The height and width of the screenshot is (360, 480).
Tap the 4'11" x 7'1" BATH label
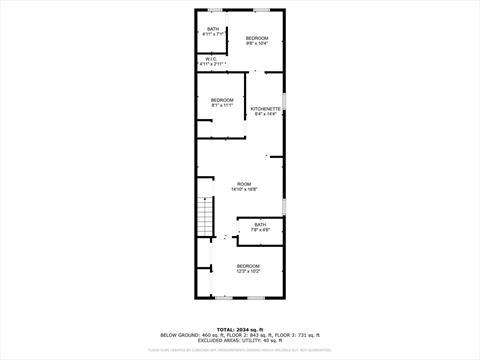click(x=213, y=32)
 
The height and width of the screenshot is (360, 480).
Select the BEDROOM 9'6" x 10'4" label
click(x=257, y=41)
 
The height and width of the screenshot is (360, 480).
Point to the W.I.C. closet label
click(x=212, y=62)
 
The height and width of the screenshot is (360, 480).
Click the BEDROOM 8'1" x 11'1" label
click(x=221, y=102)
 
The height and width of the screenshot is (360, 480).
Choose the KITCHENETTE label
click(x=265, y=109)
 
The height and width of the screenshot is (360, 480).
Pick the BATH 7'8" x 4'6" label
click(x=260, y=227)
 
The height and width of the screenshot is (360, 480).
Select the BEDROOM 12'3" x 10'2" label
click(x=248, y=267)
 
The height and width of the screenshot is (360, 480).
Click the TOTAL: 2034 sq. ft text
click(x=240, y=329)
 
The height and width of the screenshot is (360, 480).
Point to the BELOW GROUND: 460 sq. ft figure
click(x=187, y=335)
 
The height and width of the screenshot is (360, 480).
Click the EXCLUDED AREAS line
click(x=240, y=341)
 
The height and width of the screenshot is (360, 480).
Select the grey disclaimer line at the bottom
click(x=240, y=350)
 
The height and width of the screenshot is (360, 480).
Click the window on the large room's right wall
click(x=285, y=205)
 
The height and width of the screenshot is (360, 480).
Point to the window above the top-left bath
click(x=213, y=10)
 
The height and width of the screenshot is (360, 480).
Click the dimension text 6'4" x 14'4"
click(x=265, y=114)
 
